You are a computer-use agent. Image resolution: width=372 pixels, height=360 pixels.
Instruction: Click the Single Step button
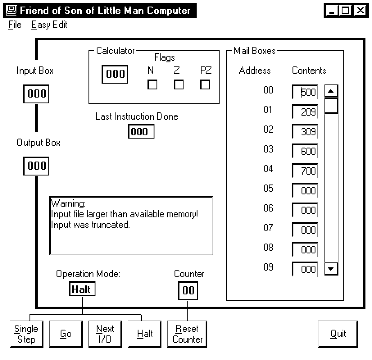tap(26, 334)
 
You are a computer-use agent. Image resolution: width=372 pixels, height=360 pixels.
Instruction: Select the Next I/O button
tap(105, 334)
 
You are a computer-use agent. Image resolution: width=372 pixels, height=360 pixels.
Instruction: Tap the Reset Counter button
tap(187, 334)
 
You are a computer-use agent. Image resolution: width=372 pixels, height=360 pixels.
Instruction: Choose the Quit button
tap(338, 334)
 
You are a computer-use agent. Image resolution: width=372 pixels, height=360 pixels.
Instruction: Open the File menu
tap(15, 25)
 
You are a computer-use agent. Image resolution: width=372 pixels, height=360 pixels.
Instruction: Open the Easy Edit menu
tap(49, 25)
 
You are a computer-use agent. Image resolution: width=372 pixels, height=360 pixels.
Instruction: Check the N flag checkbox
tap(152, 85)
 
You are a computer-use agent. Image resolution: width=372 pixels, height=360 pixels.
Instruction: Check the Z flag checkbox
tap(179, 85)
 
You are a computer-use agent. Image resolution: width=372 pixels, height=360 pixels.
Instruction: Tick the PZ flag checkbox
tap(205, 85)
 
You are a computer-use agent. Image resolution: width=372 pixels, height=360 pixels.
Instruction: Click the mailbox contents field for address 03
tap(305, 151)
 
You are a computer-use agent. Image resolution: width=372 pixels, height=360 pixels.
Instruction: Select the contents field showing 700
tap(305, 171)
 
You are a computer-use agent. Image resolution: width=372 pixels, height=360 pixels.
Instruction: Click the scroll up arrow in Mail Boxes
tap(331, 91)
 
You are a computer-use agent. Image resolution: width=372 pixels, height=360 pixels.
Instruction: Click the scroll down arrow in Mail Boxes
tap(331, 269)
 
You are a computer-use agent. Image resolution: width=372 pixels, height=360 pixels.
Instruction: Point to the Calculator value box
tap(115, 74)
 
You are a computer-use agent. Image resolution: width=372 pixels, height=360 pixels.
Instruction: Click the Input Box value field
tap(36, 94)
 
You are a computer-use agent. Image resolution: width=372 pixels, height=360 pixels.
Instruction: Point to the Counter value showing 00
tap(188, 291)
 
